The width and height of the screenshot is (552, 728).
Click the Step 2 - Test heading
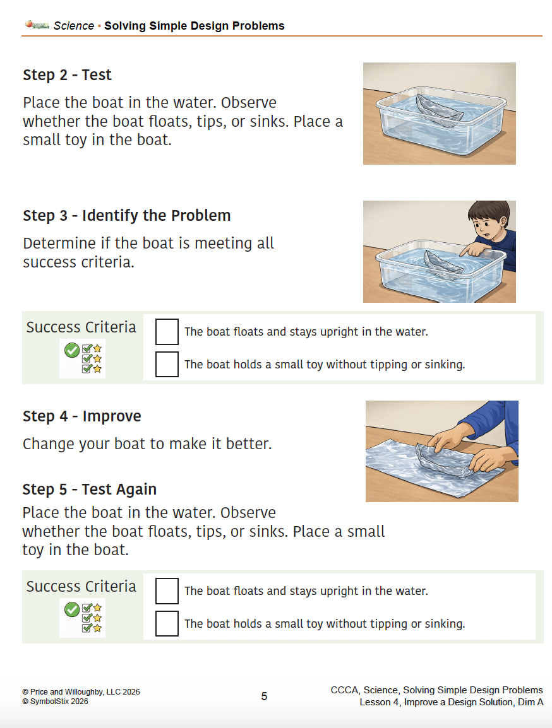[67, 75]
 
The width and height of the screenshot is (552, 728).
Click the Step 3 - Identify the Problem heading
[126, 216]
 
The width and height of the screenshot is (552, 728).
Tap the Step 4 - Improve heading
[81, 416]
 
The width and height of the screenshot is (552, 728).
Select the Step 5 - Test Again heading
[89, 490]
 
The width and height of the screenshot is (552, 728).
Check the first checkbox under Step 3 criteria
[167, 332]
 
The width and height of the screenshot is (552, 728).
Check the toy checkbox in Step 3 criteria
[167, 365]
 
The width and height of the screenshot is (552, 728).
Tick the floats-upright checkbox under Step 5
[167, 591]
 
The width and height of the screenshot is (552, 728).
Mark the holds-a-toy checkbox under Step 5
[167, 624]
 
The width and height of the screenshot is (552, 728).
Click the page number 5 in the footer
[264, 696]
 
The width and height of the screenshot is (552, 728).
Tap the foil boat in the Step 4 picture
[445, 459]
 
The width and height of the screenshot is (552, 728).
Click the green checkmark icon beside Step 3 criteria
[72, 349]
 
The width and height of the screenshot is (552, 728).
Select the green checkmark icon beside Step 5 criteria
[72, 609]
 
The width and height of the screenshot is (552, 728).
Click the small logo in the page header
[37, 25]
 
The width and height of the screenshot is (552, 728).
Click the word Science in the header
[73, 26]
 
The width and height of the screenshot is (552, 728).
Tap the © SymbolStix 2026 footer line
[55, 702]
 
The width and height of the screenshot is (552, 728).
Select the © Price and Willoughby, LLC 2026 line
[81, 692]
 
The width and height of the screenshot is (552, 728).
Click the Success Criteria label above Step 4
[81, 327]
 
